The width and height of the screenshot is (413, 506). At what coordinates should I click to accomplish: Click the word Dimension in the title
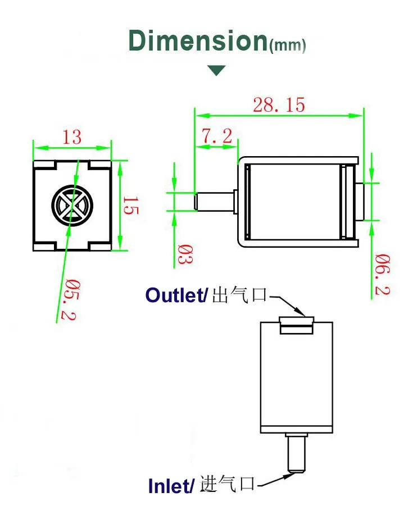[x=197, y=41]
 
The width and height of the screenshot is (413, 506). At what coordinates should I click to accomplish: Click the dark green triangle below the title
[x=216, y=70]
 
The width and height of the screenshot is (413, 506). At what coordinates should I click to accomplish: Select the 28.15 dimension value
[x=279, y=104]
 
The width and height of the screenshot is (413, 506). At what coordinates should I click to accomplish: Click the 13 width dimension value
[x=72, y=136]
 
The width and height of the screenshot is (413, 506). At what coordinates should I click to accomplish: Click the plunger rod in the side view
[x=214, y=201]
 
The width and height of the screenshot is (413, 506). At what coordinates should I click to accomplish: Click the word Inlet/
[x=172, y=485]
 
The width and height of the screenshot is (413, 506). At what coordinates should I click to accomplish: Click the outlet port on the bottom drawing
[x=296, y=325]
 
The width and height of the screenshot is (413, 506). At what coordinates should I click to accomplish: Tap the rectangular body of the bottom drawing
[x=296, y=382]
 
